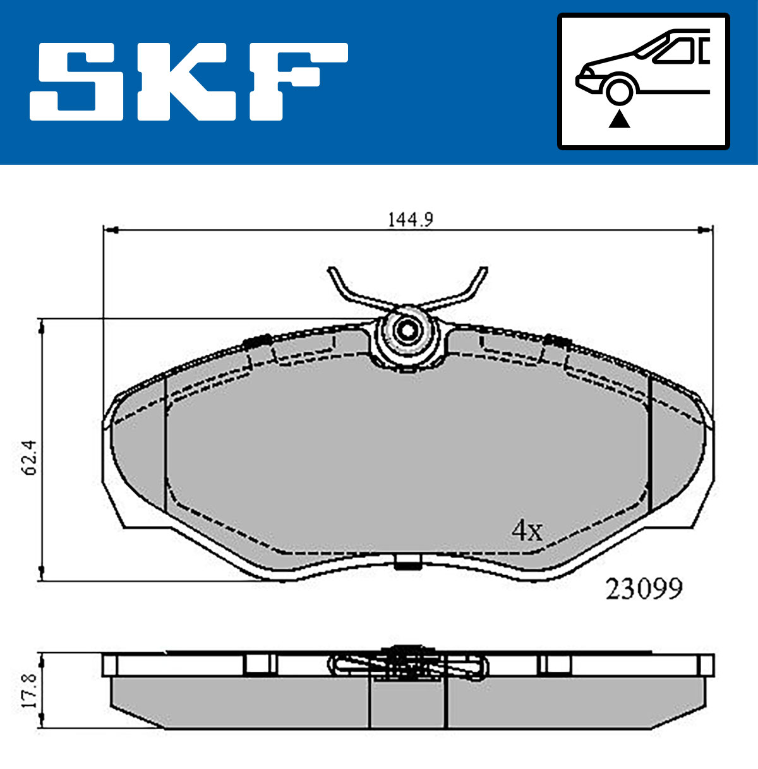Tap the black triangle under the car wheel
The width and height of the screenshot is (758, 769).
coord(619,118)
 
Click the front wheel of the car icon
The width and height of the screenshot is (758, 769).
coord(619,90)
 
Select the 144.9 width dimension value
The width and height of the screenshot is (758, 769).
coord(409,220)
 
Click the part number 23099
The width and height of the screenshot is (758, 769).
coord(644,590)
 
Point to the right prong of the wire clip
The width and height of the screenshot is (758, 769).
coord(474,284)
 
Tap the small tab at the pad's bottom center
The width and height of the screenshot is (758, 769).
coord(407,561)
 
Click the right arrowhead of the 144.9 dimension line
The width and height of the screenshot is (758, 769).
coord(706,230)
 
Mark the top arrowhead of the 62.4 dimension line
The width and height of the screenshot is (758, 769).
coord(42,325)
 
